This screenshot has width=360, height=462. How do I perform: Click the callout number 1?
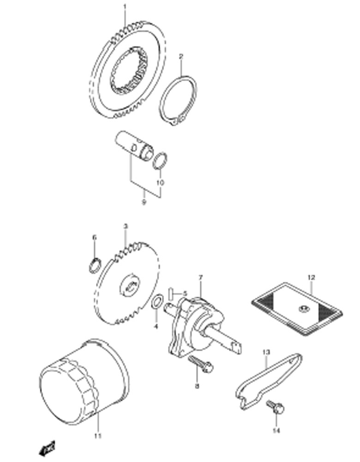pyautogui.click(x=124, y=6)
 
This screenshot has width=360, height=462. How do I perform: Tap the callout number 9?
pyautogui.click(x=144, y=202)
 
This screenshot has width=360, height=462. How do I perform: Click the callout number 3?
pyautogui.click(x=125, y=227)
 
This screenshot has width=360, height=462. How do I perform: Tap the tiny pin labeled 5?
pyautogui.click(x=171, y=292)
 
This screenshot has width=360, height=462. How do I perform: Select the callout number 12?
pyautogui.click(x=311, y=278)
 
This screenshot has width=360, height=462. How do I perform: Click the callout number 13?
pyautogui.click(x=266, y=353)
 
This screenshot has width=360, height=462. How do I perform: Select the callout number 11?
pyautogui.click(x=97, y=436)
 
